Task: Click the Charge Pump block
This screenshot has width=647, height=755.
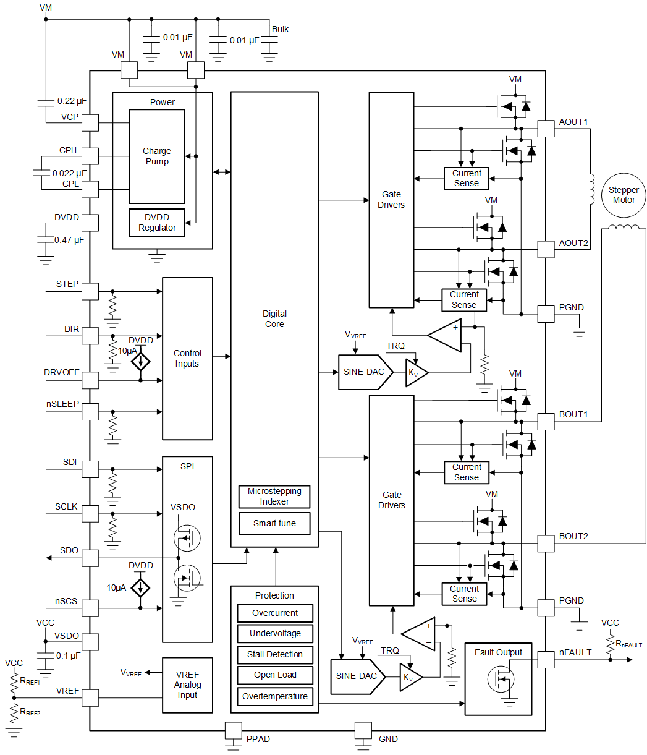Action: pyautogui.click(x=156, y=156)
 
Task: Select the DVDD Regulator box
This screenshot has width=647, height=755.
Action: pyautogui.click(x=156, y=223)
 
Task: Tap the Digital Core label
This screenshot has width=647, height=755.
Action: pyautogui.click(x=274, y=318)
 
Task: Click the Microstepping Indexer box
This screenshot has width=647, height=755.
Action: pyautogui.click(x=274, y=497)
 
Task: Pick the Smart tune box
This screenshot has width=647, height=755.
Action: pyautogui.click(x=274, y=523)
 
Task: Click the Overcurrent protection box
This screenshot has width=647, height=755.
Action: pyautogui.click(x=274, y=613)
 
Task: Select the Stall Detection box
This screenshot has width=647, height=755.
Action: pyautogui.click(x=274, y=654)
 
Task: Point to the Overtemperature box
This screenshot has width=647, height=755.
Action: pyautogui.click(x=274, y=696)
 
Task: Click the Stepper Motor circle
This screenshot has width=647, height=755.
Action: pyautogui.click(x=623, y=195)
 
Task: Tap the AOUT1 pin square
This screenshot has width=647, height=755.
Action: pyautogui.click(x=546, y=128)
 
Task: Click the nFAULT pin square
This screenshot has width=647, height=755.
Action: pyautogui.click(x=546, y=660)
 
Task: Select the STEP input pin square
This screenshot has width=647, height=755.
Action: pyautogui.click(x=90, y=291)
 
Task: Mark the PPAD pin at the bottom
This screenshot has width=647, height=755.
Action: pyautogui.click(x=233, y=730)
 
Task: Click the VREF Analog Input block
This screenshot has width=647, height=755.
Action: pyautogui.click(x=187, y=685)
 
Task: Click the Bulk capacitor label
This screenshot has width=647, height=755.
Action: pyautogui.click(x=279, y=29)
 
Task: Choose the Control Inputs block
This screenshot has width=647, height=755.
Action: pyautogui.click(x=187, y=359)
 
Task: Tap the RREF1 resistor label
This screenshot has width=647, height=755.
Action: pyautogui.click(x=30, y=681)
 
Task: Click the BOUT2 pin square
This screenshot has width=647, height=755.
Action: pyautogui.click(x=546, y=544)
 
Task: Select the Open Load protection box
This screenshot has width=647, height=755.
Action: pyautogui.click(x=274, y=675)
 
